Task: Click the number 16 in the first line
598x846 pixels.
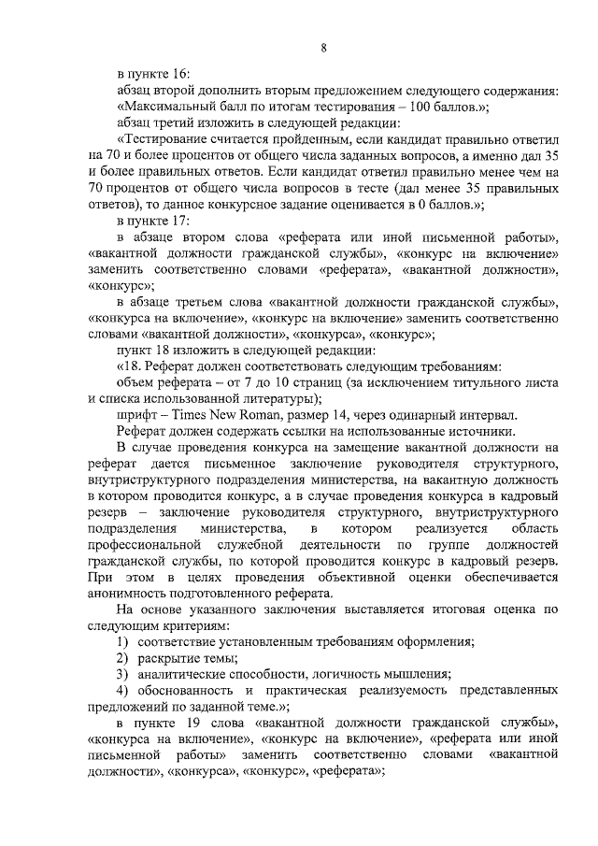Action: (180, 73)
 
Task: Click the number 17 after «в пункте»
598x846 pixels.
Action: (180, 221)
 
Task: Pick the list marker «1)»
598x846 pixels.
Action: (122, 641)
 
